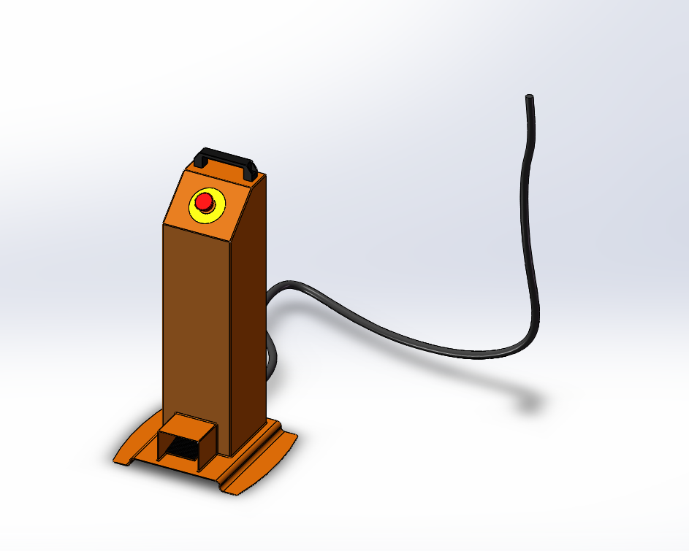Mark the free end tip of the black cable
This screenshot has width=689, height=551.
(529, 98)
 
